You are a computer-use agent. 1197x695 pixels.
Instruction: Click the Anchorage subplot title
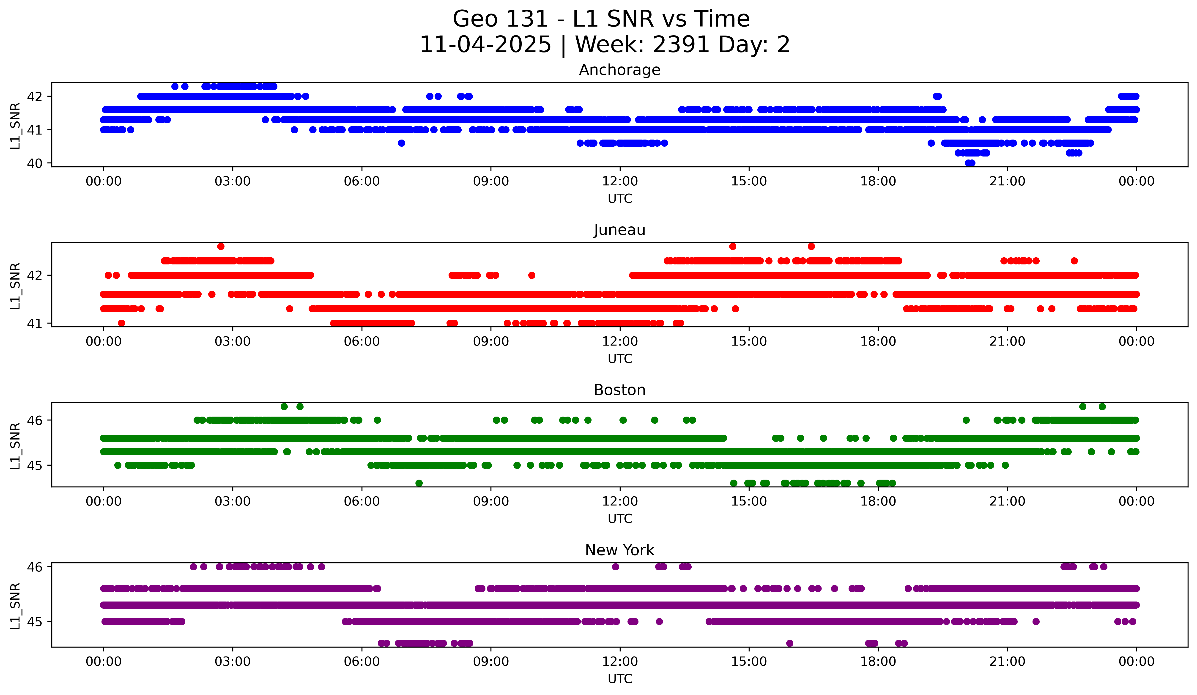click(x=619, y=70)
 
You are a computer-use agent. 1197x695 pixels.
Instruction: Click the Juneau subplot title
click(x=619, y=230)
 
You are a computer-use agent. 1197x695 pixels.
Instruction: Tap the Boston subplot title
click(x=619, y=390)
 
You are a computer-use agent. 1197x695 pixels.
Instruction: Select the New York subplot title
click(x=619, y=550)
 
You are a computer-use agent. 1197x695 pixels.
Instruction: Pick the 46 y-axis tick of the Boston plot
click(x=35, y=420)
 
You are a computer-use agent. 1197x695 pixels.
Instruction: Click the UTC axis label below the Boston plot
click(x=619, y=519)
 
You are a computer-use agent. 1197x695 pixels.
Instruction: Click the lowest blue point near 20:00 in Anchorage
click(x=970, y=163)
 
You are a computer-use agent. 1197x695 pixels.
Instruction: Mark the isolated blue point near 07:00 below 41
click(x=401, y=143)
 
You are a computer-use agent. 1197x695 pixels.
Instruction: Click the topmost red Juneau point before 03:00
click(x=220, y=246)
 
